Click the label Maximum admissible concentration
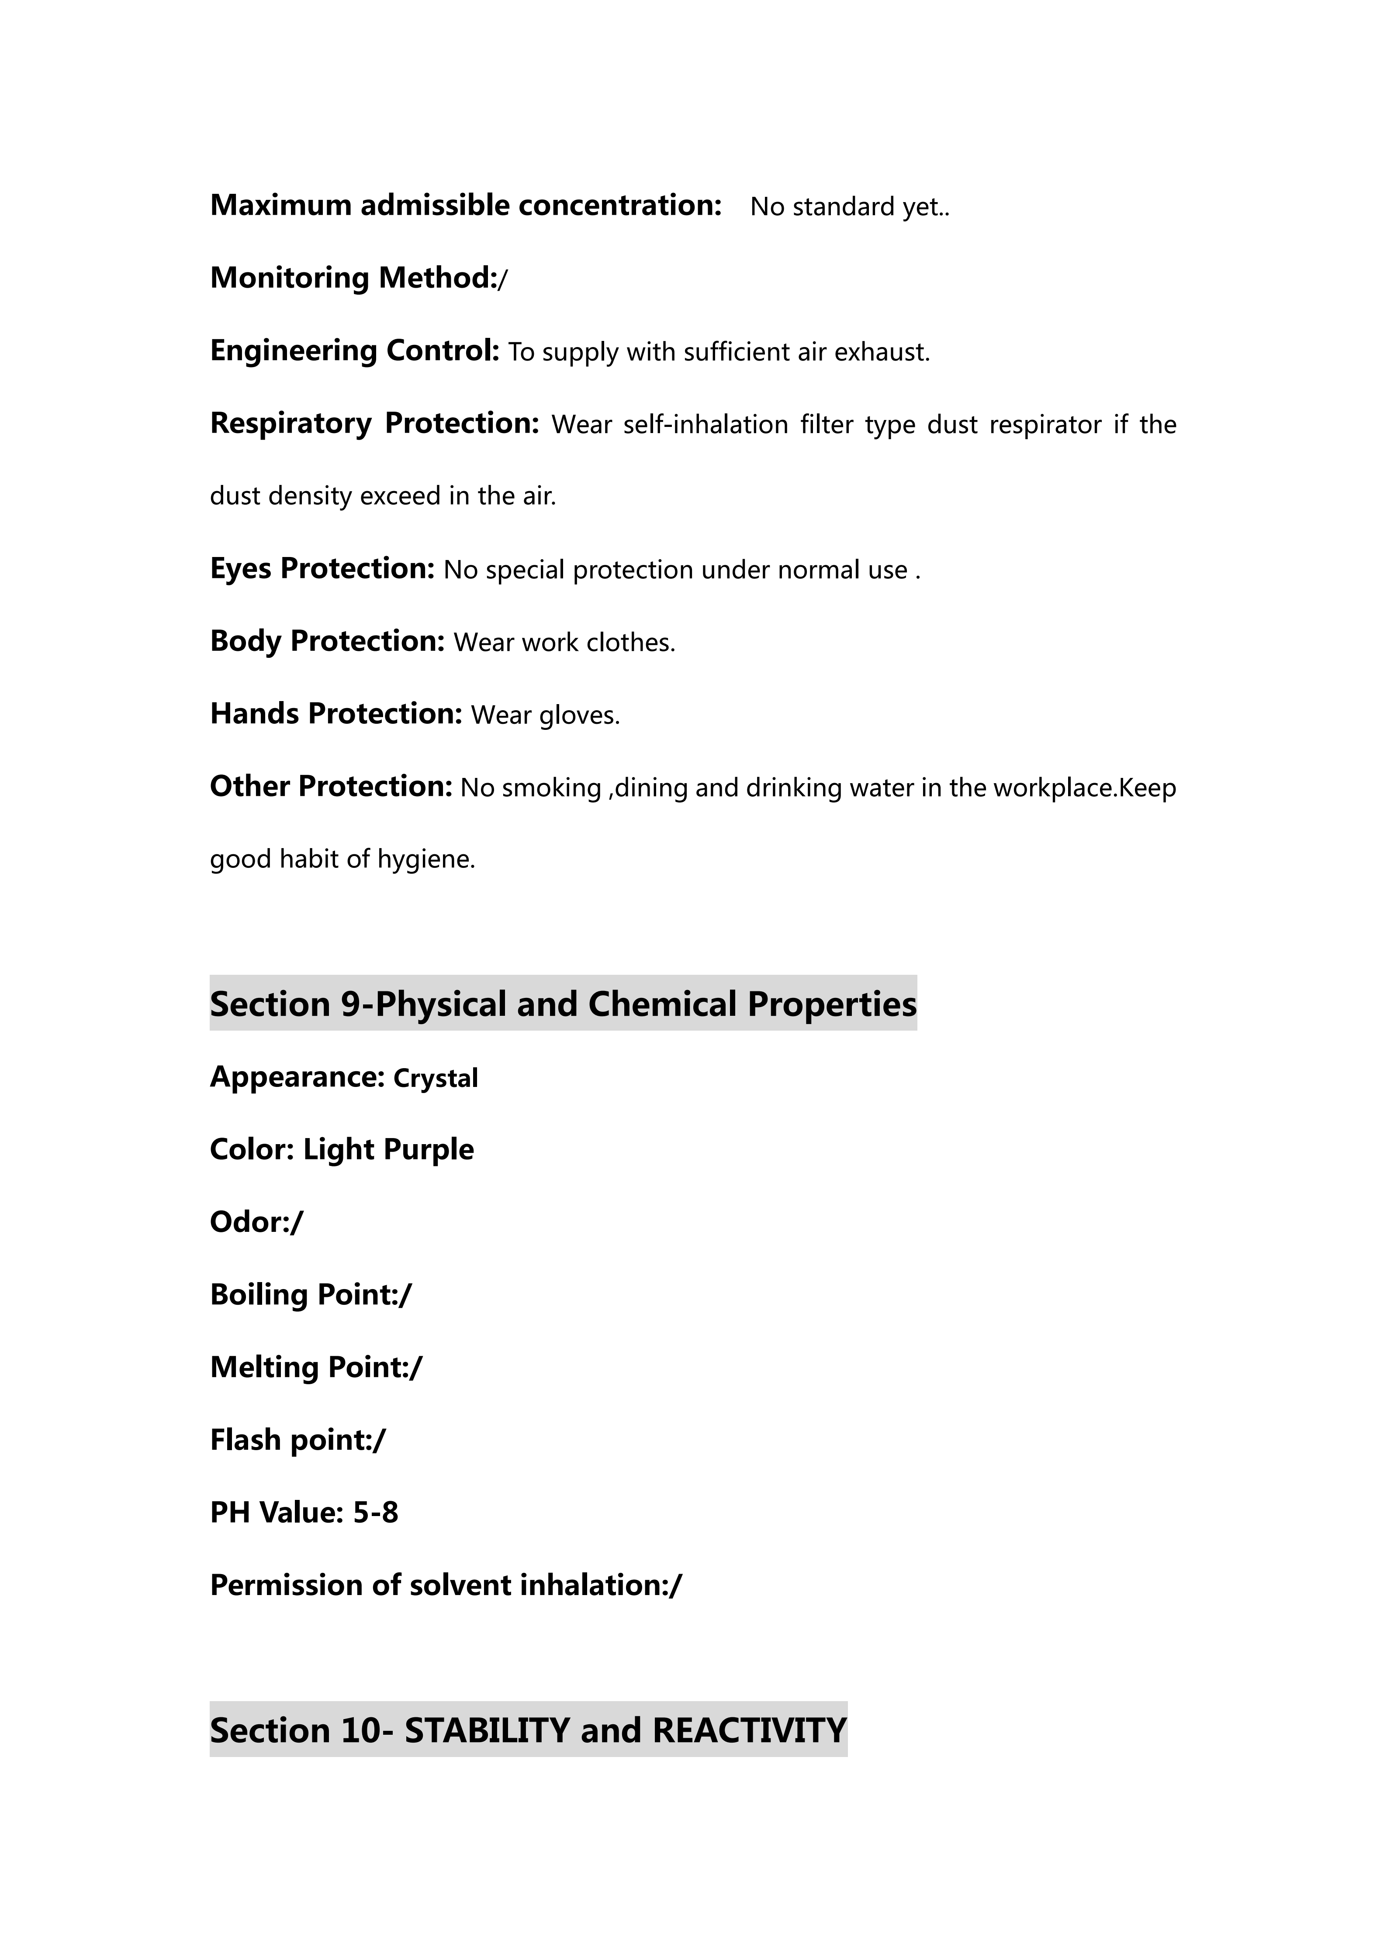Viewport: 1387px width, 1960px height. point(466,206)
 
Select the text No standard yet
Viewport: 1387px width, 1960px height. point(849,207)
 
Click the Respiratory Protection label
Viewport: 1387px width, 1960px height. point(374,423)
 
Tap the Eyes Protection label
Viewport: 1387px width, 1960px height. point(322,568)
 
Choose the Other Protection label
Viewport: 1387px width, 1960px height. point(331,786)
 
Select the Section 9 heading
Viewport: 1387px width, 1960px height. point(563,1004)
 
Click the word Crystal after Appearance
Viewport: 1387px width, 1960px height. point(436,1078)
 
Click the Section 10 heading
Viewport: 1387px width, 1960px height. point(528,1730)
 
